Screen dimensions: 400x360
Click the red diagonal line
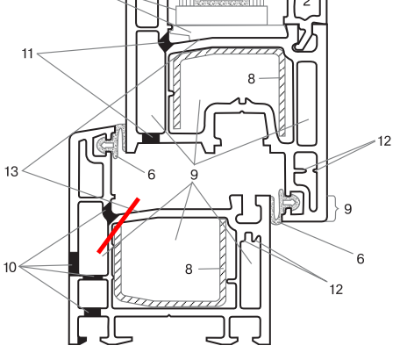coord(118,225)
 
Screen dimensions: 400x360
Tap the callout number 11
coord(28,54)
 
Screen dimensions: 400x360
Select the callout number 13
coord(11,171)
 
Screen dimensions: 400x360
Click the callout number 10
coord(10,267)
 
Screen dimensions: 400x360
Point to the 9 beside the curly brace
coord(347,209)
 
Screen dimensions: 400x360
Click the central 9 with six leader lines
coord(194,175)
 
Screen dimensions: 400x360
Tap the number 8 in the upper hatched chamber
coord(251,79)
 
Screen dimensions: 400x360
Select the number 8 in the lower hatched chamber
coord(189,270)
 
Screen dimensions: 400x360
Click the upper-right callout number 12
coord(384,141)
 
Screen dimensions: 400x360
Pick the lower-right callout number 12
coord(336,290)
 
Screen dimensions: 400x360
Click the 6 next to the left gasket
coord(151,175)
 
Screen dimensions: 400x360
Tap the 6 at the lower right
coord(361,258)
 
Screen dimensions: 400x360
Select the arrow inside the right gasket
coord(289,201)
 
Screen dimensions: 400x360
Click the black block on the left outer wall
coord(74,263)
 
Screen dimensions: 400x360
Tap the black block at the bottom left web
coord(92,312)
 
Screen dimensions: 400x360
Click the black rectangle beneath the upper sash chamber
coord(151,138)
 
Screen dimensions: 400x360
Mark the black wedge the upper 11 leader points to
coord(166,41)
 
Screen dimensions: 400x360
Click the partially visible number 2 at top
coord(306,3)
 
